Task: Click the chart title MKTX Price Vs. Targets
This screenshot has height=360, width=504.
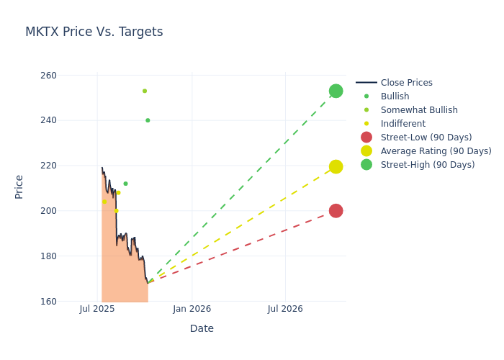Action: coord(94,32)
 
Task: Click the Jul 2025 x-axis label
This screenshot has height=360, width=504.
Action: coord(97,309)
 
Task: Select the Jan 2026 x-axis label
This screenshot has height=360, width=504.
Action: coord(192,309)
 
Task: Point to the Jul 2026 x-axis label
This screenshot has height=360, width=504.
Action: coord(285,309)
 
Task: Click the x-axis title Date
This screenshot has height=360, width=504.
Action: coord(202,328)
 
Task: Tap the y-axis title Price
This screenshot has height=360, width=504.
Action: coord(19,186)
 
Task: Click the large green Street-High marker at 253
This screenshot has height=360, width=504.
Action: coord(336,91)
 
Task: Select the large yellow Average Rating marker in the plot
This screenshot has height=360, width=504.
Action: coord(336,166)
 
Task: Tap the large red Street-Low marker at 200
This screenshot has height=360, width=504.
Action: coord(336,210)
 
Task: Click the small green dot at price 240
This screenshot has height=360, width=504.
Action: coord(148,120)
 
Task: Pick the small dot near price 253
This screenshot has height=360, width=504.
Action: coord(145,91)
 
